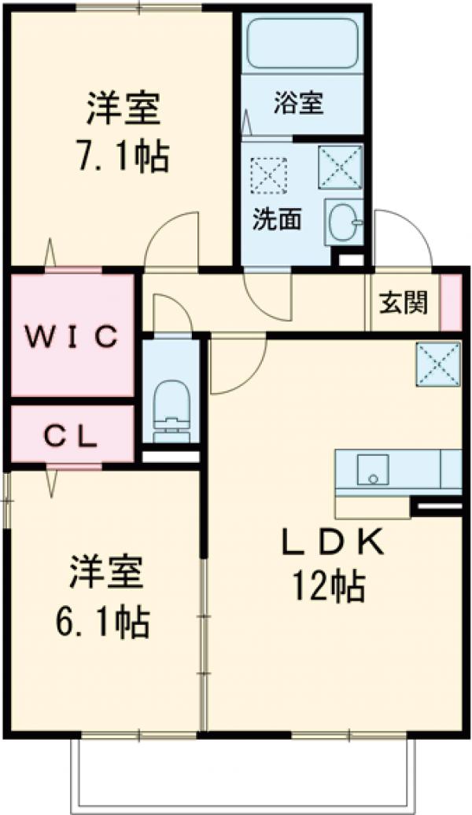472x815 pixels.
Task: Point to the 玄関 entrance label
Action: point(404,303)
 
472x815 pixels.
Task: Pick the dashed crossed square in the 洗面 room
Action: point(268,174)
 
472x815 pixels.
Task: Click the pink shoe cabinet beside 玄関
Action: point(450,303)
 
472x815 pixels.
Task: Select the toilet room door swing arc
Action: point(171,312)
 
